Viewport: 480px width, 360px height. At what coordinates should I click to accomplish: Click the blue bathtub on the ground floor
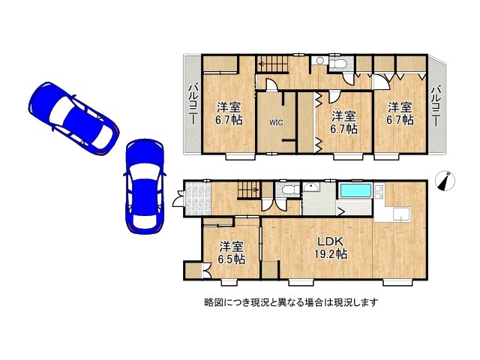(x=355, y=190)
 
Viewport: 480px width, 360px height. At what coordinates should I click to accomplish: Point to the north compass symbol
(x=447, y=181)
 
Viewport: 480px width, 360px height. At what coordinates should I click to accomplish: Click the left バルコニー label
(x=192, y=105)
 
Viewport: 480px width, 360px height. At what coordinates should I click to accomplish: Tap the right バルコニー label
(x=436, y=105)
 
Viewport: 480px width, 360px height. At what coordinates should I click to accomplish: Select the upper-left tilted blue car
(x=71, y=118)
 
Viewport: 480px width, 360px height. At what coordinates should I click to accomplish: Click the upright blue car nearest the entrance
(x=144, y=185)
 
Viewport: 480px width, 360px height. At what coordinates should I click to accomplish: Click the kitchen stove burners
(x=380, y=197)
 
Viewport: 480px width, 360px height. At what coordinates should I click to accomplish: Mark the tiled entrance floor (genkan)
(x=198, y=200)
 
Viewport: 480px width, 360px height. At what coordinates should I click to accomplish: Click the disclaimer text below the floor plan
(x=290, y=302)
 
